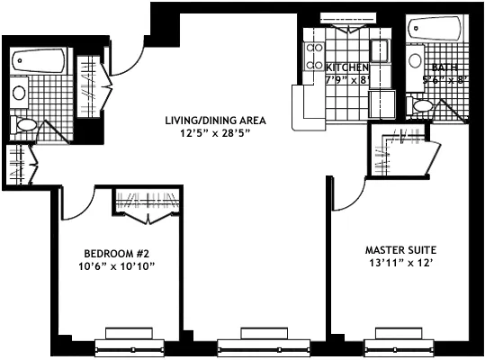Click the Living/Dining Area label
[215, 121]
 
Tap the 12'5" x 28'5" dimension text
[215, 133]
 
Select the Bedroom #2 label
[116, 254]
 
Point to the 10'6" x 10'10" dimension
[116, 266]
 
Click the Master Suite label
[400, 250]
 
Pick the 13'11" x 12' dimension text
[400, 263]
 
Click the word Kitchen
[347, 67]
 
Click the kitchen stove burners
[314, 57]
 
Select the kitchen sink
[380, 50]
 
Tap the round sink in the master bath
[415, 60]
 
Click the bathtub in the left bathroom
[39, 60]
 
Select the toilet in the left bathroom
[24, 125]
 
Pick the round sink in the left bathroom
[19, 93]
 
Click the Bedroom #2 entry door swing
[83, 211]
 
